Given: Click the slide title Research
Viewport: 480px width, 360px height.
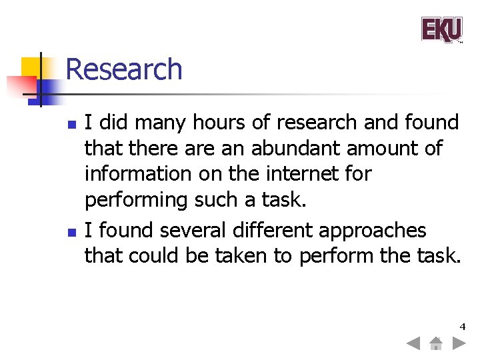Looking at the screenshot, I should point(124,69).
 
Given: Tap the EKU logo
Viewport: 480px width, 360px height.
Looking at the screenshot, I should point(441,30).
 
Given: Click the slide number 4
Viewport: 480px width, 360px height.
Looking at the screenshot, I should point(462,327).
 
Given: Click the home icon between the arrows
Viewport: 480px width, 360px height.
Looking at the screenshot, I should point(435,344).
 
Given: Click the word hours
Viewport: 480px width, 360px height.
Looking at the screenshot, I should point(215,123).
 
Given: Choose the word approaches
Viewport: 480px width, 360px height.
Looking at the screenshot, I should point(372,231).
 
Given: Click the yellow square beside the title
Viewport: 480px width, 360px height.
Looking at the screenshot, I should point(31,67).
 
